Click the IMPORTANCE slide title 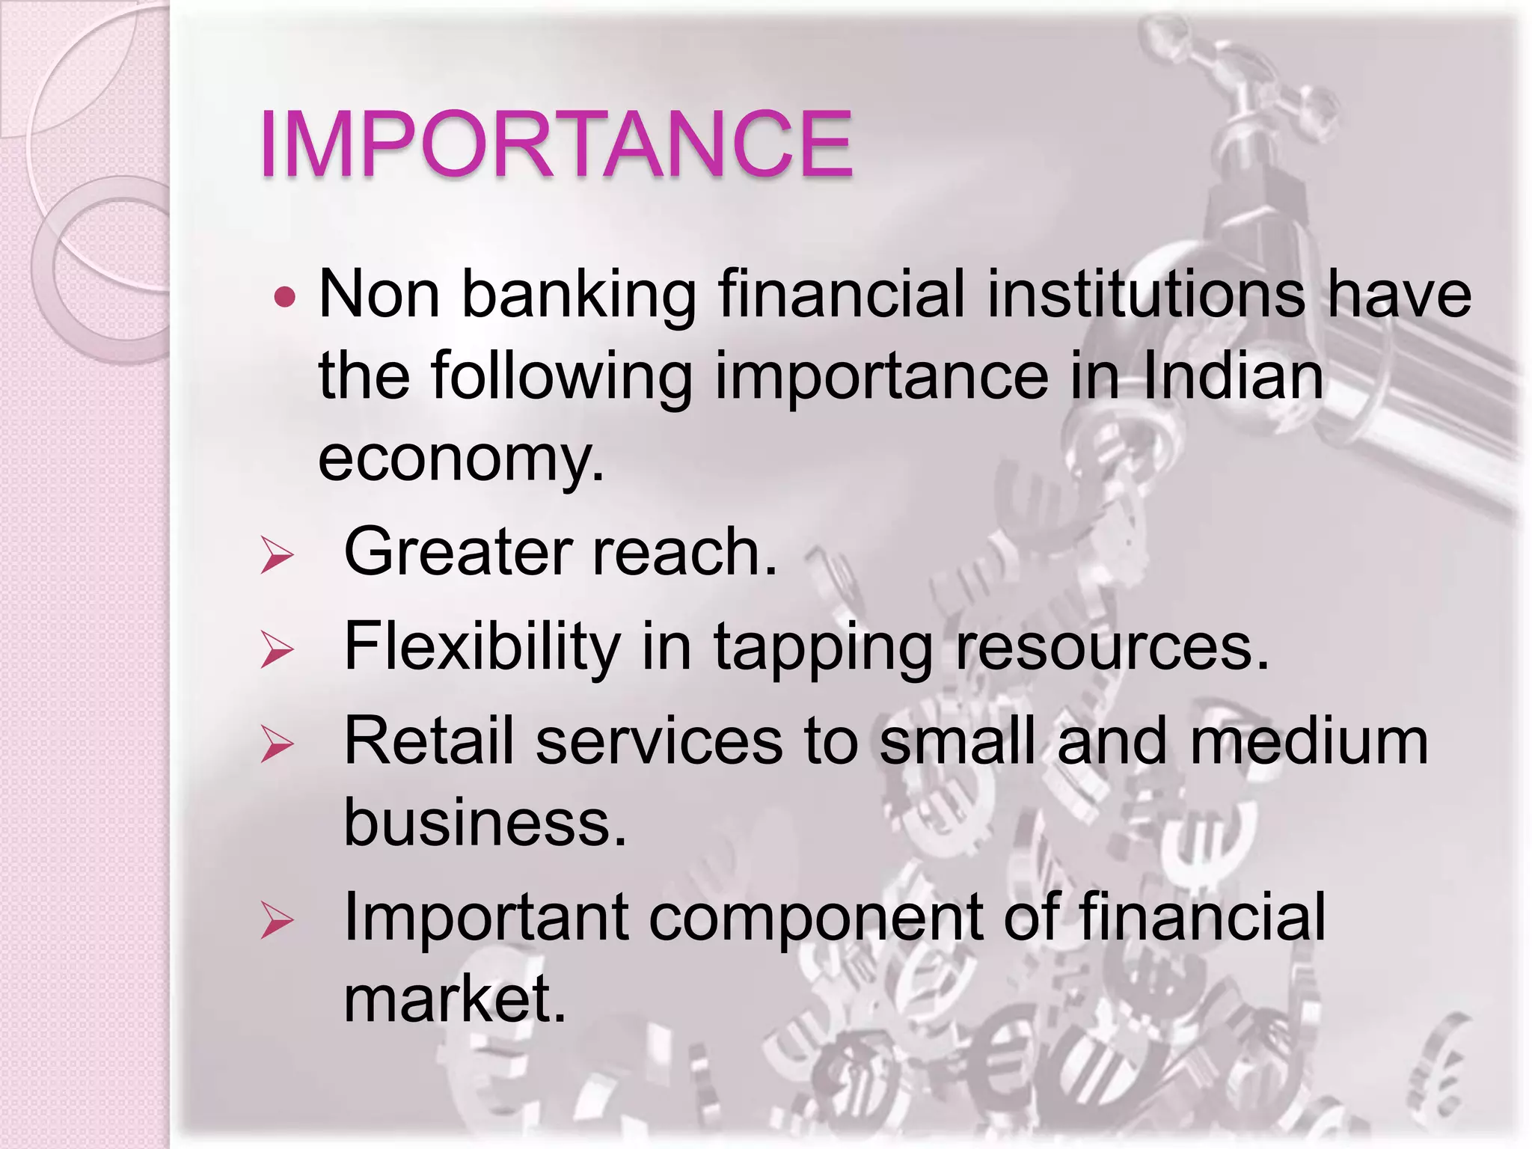click(555, 144)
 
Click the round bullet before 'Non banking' click(285, 298)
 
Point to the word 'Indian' click(1234, 376)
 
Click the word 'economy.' click(461, 458)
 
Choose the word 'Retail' click(428, 741)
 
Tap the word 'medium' click(1308, 741)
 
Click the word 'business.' click(485, 821)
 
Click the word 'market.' click(455, 999)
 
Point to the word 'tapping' click(823, 649)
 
